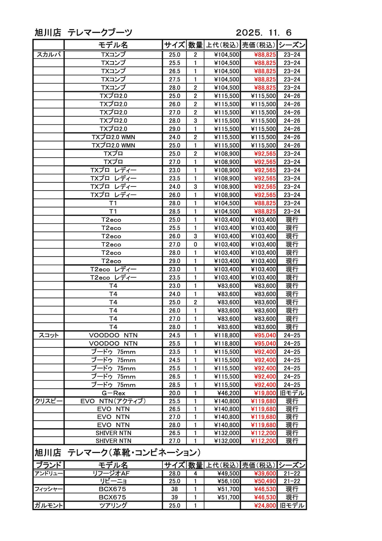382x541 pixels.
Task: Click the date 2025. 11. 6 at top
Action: [264, 33]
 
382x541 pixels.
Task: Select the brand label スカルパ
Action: [48, 55]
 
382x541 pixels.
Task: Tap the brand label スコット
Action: [48, 335]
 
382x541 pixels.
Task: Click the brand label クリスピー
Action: [48, 401]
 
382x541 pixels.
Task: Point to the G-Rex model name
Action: [113, 393]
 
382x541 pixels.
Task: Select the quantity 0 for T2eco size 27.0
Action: [195, 244]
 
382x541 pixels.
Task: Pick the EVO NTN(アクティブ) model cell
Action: [113, 401]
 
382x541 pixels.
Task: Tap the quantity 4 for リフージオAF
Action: [195, 473]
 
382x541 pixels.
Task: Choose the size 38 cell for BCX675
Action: [174, 489]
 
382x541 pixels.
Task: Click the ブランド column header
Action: [48, 465]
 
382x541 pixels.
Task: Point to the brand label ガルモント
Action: [48, 505]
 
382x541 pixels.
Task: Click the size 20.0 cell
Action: [174, 393]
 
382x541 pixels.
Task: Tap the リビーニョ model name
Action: [113, 481]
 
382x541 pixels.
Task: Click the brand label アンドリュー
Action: [48, 473]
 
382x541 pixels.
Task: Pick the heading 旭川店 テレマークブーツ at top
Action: [84, 33]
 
